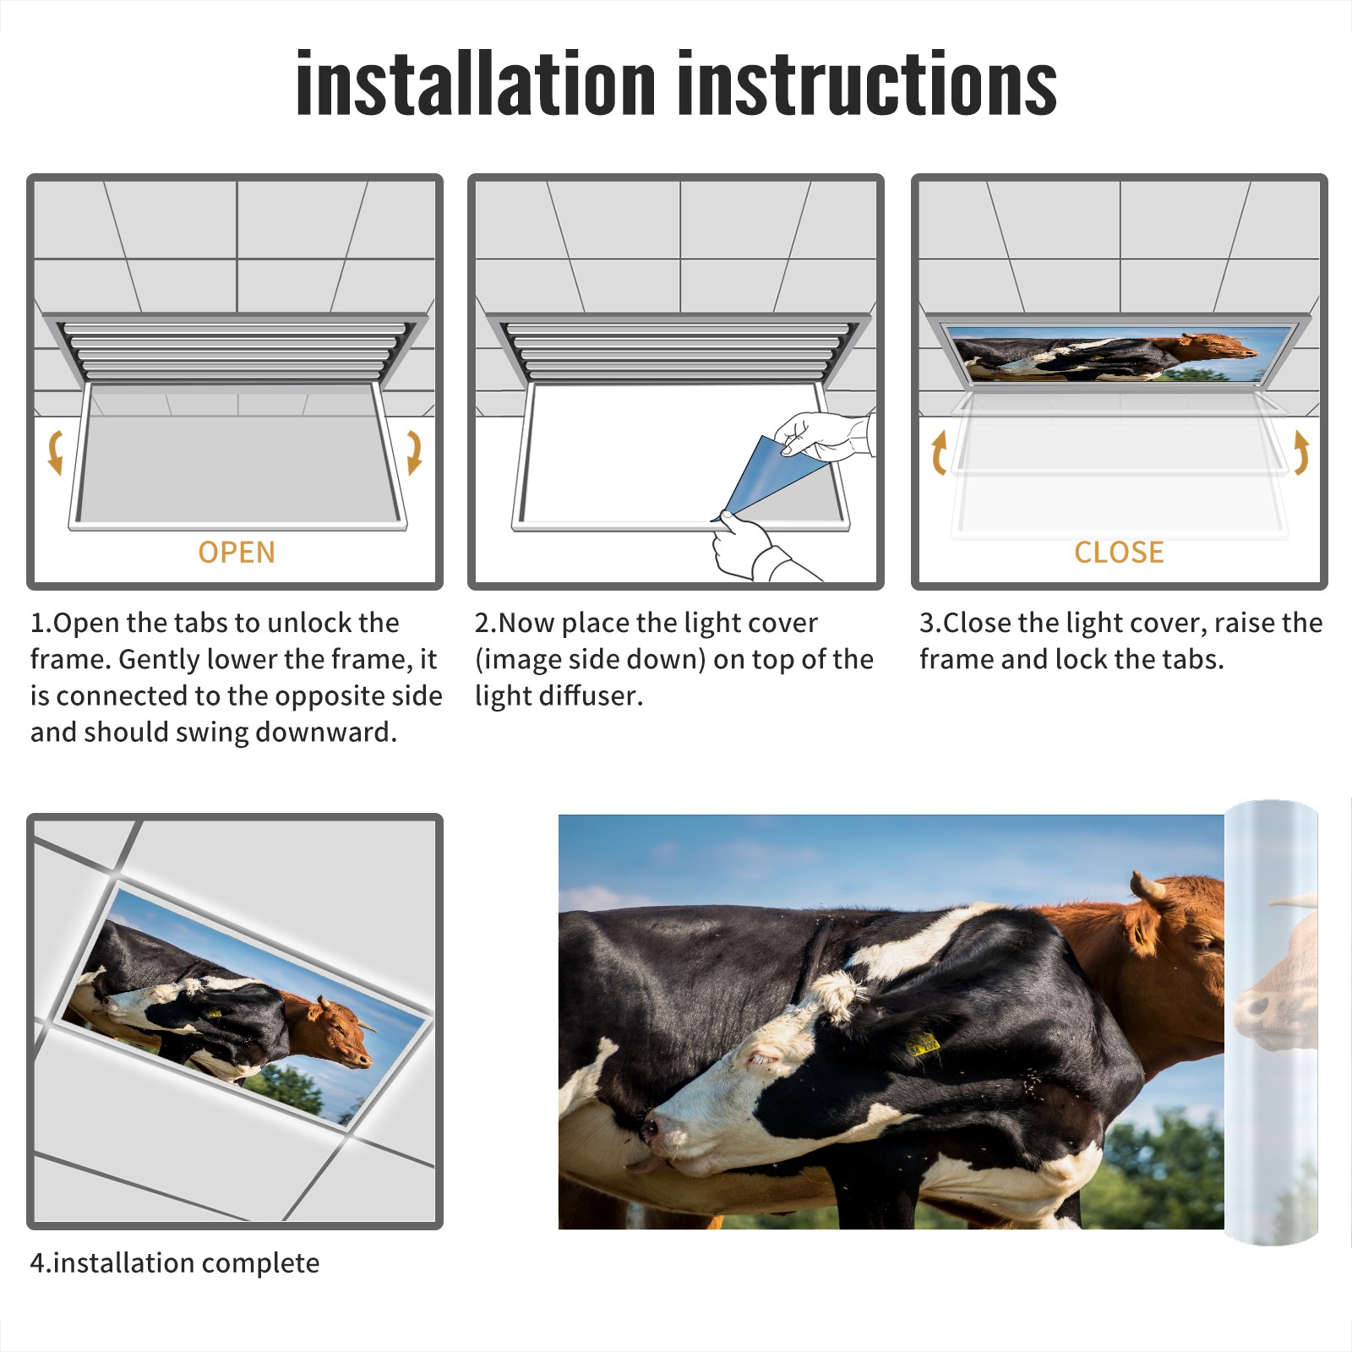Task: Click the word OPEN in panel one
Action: pyautogui.click(x=237, y=553)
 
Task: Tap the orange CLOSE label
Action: pyautogui.click(x=1119, y=553)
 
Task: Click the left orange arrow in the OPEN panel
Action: pyautogui.click(x=55, y=452)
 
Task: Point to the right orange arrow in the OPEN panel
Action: pyautogui.click(x=414, y=452)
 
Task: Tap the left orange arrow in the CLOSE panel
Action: pyautogui.click(x=938, y=452)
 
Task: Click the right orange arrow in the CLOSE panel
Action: pyautogui.click(x=1301, y=452)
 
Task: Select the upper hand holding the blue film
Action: pyautogui.click(x=824, y=435)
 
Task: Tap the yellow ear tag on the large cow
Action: pyautogui.click(x=923, y=1043)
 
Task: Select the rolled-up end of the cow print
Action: pyautogui.click(x=1271, y=1022)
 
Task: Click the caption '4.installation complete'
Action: pyautogui.click(x=175, y=1263)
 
